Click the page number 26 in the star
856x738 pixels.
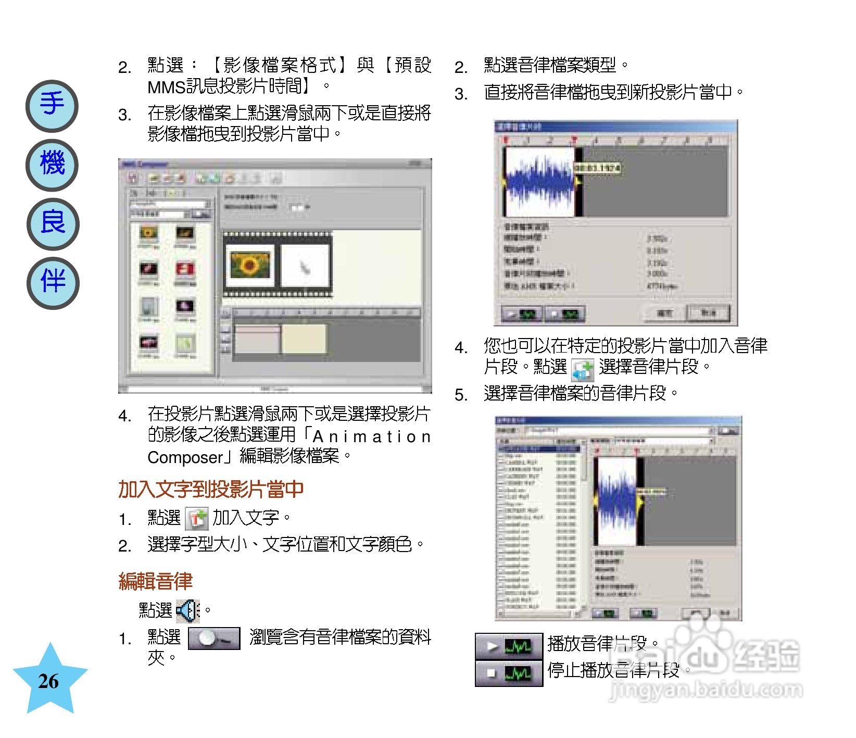click(x=48, y=681)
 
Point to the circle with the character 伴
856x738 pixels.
click(x=53, y=283)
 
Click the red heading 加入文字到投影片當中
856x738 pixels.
click(x=210, y=489)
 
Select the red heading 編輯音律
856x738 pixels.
click(x=155, y=581)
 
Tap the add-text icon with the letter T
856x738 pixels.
click(x=197, y=519)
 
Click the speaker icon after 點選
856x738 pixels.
click(x=188, y=610)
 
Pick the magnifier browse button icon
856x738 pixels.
click(x=214, y=639)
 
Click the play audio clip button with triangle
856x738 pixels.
click(x=509, y=647)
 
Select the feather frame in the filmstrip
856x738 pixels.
click(x=305, y=266)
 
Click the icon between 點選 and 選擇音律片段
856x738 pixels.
click(x=583, y=370)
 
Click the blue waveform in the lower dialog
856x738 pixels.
click(x=616, y=501)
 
